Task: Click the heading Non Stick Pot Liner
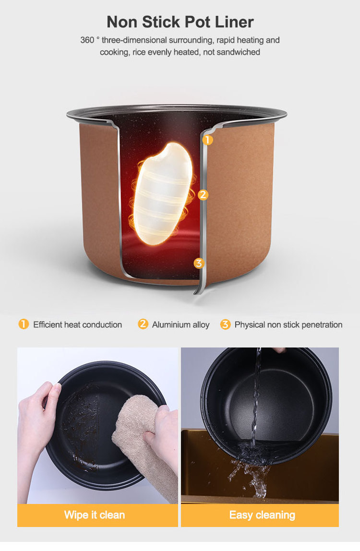(x=180, y=22)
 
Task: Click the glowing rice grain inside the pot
(x=163, y=193)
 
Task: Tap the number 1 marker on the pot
(x=208, y=140)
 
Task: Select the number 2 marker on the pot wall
(x=203, y=195)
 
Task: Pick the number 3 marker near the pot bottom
(x=199, y=263)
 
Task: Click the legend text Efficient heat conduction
(x=78, y=324)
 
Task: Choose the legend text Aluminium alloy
(x=180, y=324)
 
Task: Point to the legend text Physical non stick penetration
(x=288, y=324)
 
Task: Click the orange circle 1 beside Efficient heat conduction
(x=24, y=324)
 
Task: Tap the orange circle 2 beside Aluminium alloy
(x=143, y=324)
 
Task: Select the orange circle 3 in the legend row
(x=225, y=324)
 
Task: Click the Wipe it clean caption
(x=95, y=515)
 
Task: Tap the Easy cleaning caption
(x=262, y=515)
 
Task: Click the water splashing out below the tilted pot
(x=250, y=474)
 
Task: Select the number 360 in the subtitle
(x=87, y=40)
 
